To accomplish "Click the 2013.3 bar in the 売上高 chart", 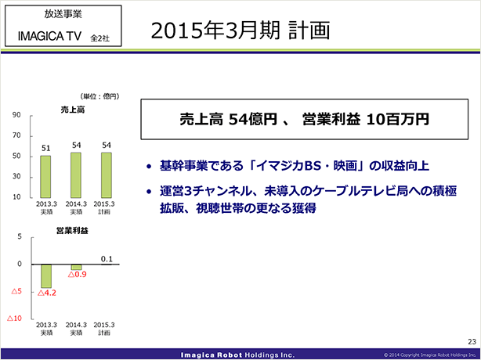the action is pos(45,176).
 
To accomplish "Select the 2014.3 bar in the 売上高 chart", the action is pos(77,175).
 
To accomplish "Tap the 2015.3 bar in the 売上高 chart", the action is pos(107,175).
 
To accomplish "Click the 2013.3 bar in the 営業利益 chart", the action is pos(46,276).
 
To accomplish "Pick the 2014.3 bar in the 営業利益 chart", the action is pos(77,267).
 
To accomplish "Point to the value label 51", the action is pos(45,149).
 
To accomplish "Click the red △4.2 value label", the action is pos(47,293).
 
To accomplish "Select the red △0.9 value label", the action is pos(77,275).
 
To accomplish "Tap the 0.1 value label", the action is pos(107,259).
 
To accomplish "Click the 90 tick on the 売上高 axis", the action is pos(16,115).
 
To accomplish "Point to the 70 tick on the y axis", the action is pos(16,135).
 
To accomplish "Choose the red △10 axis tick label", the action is pos(14,319).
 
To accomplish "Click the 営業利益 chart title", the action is pos(72,231).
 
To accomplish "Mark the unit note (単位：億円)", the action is pos(99,96).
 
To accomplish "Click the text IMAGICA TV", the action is pos(49,37).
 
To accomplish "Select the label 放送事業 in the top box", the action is pos(63,14).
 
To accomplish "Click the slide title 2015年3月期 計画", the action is pos(240,31).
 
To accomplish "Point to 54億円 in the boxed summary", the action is pos(251,120).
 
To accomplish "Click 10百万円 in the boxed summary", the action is pos(397,120).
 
